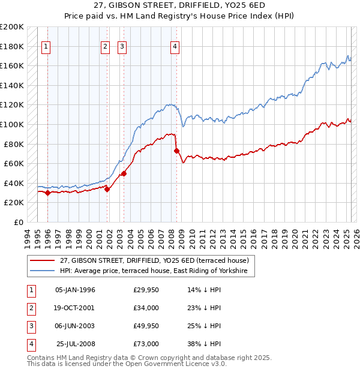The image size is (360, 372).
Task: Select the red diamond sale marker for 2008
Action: point(176,151)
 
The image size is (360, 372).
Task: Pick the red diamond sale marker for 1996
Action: point(47,193)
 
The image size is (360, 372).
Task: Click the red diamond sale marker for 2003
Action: point(124,173)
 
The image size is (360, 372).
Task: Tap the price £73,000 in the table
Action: point(146,344)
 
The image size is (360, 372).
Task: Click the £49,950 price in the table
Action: point(146,326)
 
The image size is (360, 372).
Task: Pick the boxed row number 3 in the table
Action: point(31,326)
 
